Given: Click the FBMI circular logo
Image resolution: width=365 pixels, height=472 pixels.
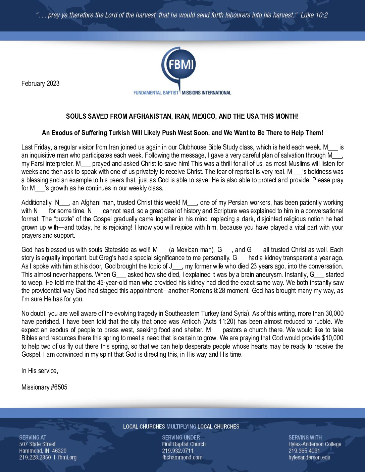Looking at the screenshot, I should tap(179, 65).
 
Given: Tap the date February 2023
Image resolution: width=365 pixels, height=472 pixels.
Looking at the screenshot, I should tap(40, 83).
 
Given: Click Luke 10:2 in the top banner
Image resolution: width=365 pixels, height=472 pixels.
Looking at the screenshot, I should tap(314, 15).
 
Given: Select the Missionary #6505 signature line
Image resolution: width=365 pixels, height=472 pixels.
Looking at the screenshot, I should tap(44, 387).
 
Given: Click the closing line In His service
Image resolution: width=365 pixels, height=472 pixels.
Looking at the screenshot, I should tap(40, 371).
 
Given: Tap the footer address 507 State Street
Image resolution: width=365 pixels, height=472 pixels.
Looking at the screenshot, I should tap(37, 444).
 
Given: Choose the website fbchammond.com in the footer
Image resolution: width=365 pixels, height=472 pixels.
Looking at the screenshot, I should tap(182, 457).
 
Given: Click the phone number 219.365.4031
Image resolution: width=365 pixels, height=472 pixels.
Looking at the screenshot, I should tap(304, 451).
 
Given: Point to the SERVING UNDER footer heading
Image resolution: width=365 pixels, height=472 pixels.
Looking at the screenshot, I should tap(181, 437).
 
